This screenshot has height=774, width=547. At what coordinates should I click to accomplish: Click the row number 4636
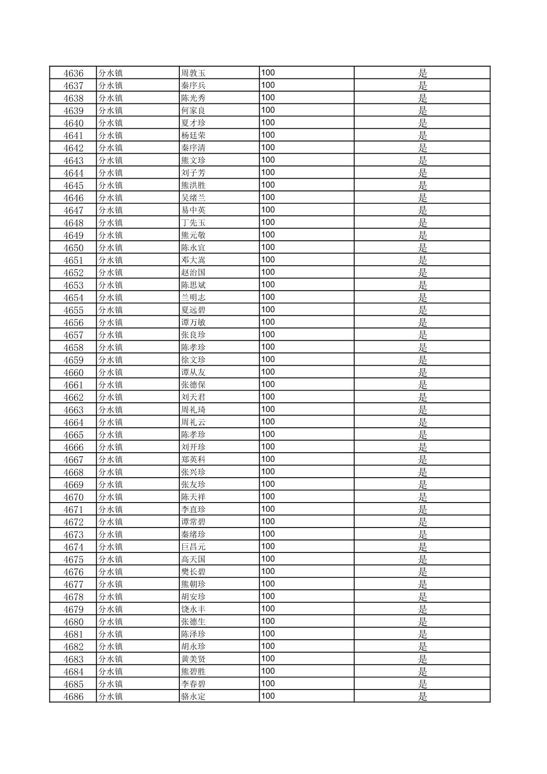pyautogui.click(x=73, y=73)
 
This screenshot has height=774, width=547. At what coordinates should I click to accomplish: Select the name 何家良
pyautogui.click(x=193, y=110)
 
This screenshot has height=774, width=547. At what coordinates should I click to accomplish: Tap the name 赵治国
pyautogui.click(x=193, y=272)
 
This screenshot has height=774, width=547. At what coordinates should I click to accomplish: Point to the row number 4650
pyautogui.click(x=73, y=248)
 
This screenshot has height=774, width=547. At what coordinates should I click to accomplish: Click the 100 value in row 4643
pyautogui.click(x=268, y=160)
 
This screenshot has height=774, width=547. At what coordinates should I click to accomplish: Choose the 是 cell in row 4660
pyautogui.click(x=422, y=373)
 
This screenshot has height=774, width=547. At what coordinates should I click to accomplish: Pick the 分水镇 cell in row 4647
pyautogui.click(x=111, y=210)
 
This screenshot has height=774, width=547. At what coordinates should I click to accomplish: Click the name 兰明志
pyautogui.click(x=193, y=297)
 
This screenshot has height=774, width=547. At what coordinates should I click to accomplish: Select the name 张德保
pyautogui.click(x=193, y=385)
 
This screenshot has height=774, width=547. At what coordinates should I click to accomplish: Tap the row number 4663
pyautogui.click(x=73, y=410)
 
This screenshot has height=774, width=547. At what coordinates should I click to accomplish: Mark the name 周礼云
pyautogui.click(x=193, y=422)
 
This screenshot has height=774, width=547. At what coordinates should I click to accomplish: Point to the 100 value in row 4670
pyautogui.click(x=268, y=496)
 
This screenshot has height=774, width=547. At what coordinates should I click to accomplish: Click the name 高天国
pyautogui.click(x=193, y=559)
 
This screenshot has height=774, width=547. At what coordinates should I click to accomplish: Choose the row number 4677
pyautogui.click(x=73, y=585)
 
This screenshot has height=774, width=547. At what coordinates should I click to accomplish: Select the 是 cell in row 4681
pyautogui.click(x=422, y=634)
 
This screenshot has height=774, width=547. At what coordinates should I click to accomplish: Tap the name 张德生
pyautogui.click(x=193, y=622)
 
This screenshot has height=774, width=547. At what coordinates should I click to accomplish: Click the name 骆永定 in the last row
pyautogui.click(x=193, y=697)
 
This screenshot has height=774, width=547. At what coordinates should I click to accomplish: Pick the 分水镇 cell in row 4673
pyautogui.click(x=111, y=534)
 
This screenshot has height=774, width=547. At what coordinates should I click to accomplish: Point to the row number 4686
pyautogui.click(x=73, y=697)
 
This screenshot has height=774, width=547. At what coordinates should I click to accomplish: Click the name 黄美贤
pyautogui.click(x=193, y=659)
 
